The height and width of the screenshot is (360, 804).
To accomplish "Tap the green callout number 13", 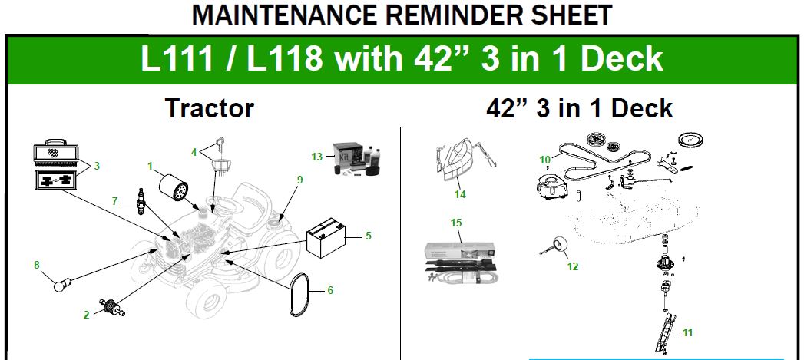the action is tap(317, 156).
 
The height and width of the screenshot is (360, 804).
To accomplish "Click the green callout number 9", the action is tap(299, 180).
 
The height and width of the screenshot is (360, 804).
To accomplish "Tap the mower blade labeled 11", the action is tap(665, 334).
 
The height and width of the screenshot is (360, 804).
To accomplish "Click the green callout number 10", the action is tap(544, 160).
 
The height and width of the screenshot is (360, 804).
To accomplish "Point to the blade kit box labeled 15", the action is tap(462, 263).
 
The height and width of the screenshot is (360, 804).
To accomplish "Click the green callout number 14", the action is tap(459, 194).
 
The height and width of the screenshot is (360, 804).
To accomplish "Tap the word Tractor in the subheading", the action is tap(210, 109).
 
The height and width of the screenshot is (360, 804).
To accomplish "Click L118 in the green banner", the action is tap(285, 59).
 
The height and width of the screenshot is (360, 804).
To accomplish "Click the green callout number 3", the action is tap(97, 166).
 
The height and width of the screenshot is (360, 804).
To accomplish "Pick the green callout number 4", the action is tap(194, 152).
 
